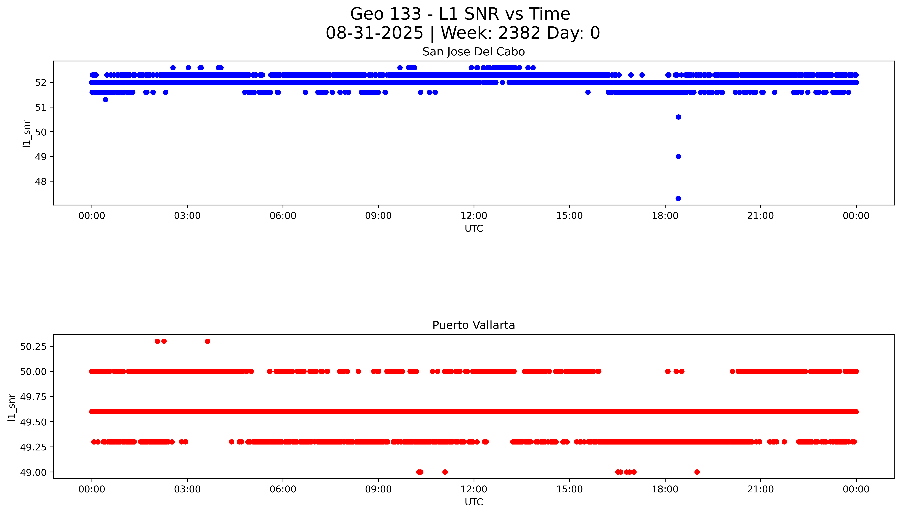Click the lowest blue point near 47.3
pos(678,198)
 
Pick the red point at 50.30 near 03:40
pos(208,341)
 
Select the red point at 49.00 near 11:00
pos(445,472)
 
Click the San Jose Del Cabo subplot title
pos(473,52)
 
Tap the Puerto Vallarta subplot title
pos(473,325)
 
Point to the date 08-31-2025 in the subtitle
pos(374,33)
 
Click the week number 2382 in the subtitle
pos(519,33)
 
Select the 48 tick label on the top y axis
pos(41,182)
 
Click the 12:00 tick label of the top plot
pos(473,216)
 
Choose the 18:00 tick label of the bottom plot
pos(665,489)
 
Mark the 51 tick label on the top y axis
pos(41,107)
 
